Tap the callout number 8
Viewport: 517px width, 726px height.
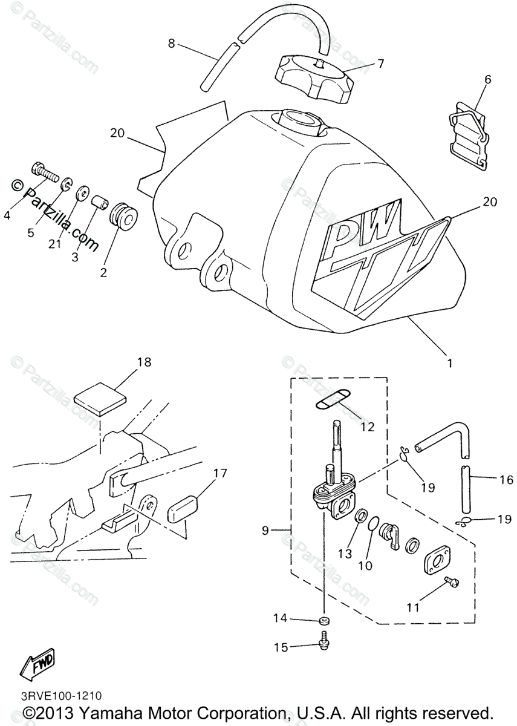point(172,43)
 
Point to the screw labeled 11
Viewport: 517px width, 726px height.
point(451,581)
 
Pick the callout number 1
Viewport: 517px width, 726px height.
point(449,364)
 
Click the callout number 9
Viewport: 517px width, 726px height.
point(265,531)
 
